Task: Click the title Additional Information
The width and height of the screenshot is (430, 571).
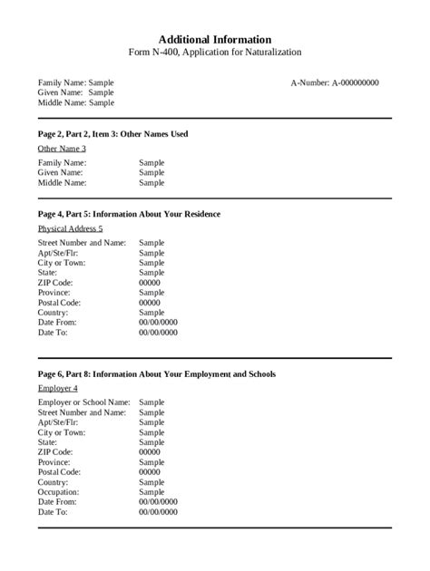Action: tap(215, 40)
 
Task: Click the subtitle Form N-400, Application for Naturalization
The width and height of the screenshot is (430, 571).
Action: tap(215, 53)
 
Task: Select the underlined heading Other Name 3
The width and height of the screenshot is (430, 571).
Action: tap(62, 149)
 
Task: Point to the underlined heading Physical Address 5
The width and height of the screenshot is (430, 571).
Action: tap(70, 228)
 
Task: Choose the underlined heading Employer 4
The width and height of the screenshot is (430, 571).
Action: tap(58, 388)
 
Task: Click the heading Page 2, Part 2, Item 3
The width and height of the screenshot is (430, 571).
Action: tap(112, 134)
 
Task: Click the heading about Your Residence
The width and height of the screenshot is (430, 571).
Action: tap(129, 214)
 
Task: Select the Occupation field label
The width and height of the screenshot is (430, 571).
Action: tap(58, 492)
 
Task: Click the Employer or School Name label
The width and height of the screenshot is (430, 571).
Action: tap(83, 402)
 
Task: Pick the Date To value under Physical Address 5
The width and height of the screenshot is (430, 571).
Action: tap(158, 333)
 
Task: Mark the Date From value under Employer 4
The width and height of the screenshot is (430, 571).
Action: tap(158, 501)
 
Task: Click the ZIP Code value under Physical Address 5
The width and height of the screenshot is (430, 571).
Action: tap(150, 283)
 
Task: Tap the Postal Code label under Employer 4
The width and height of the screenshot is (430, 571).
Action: tap(59, 471)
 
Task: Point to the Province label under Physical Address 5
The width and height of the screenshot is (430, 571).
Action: tap(54, 293)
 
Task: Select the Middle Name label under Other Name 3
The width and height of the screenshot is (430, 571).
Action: tap(63, 182)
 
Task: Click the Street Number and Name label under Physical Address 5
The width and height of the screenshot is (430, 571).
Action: tap(82, 243)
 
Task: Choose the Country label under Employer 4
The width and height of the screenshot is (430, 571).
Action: tap(53, 482)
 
